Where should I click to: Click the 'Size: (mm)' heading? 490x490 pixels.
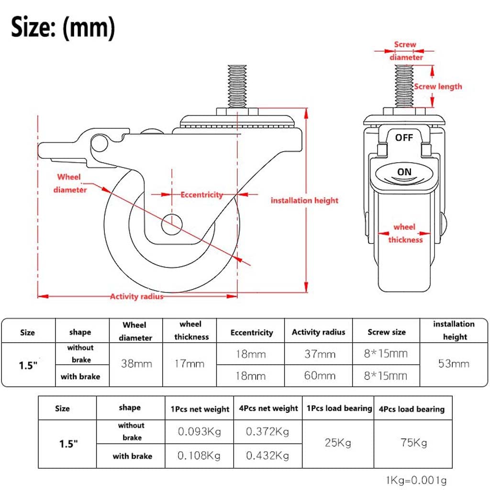coord(63,28)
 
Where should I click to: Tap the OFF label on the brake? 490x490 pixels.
coord(403,138)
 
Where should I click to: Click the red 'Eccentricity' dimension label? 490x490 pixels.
coord(201,195)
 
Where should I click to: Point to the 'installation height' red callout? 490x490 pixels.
coord(304,200)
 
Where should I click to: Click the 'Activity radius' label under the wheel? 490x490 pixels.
coord(136,297)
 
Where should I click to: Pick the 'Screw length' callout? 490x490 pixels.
coord(438,87)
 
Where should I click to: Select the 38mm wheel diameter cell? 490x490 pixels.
coord(136,364)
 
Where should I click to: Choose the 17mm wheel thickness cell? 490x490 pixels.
coord(189,364)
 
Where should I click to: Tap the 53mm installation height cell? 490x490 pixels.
coord(454,364)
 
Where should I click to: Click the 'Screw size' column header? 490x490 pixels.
coord(387,332)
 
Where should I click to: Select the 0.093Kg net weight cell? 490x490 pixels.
coord(200,432)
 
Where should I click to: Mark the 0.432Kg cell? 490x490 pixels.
coord(267,456)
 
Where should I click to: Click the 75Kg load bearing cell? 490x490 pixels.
coord(413,443)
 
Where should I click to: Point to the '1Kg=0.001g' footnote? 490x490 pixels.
coord(416,480)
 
